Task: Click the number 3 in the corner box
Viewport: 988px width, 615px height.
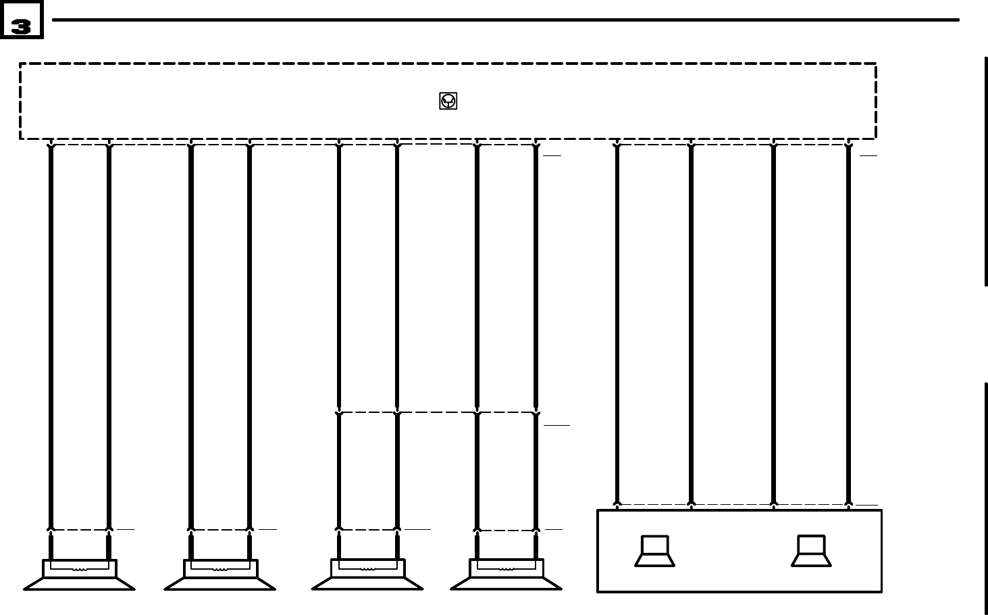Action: coord(21,26)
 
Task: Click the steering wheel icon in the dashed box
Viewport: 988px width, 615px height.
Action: coord(448,101)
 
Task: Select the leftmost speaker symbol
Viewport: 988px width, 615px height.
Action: coord(80,576)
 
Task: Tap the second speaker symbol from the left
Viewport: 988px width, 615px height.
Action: coord(220,576)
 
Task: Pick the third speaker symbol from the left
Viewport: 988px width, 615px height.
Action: coord(367,575)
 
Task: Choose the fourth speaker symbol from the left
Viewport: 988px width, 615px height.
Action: coord(506,575)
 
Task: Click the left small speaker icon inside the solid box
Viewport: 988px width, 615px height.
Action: coord(654,551)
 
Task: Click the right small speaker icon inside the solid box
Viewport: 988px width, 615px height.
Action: coord(811,551)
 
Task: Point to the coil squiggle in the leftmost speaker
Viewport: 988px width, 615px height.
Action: coord(80,569)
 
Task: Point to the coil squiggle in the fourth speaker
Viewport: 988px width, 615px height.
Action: coord(506,568)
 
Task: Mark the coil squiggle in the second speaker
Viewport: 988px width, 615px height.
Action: coord(220,569)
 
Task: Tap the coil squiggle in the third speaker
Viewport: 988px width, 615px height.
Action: coord(367,568)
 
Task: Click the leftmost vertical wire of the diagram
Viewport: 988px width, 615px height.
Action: coord(51,338)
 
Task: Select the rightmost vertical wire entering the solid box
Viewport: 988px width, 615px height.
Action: coord(848,324)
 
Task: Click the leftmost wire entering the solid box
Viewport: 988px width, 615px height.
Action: coord(617,324)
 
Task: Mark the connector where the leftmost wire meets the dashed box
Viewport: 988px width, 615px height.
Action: coord(51,144)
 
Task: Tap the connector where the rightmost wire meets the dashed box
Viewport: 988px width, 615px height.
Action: coord(848,144)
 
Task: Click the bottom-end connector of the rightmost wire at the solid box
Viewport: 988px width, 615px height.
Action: coord(848,504)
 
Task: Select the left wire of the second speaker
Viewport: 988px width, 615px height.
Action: coord(191,338)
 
